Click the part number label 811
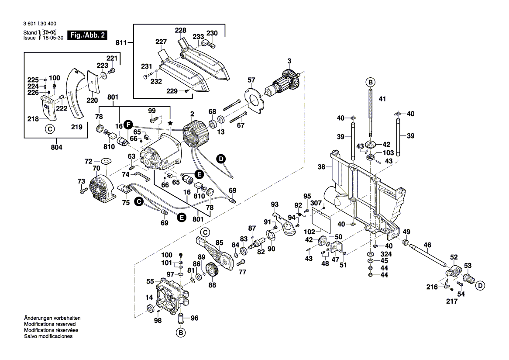click(121, 43)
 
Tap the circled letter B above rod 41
click(370, 82)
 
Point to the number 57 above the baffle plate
click(251, 80)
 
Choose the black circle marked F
click(127, 124)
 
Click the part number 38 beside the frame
click(322, 166)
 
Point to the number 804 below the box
click(57, 148)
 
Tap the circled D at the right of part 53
click(480, 286)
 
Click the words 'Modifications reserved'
click(50, 325)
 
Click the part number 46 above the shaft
click(427, 246)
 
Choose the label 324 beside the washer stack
click(386, 254)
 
